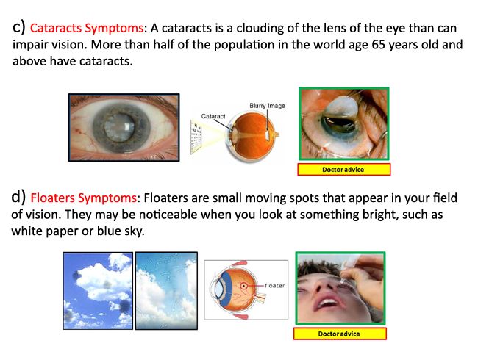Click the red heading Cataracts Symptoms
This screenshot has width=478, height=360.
click(x=87, y=29)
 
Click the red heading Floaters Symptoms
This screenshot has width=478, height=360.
click(x=84, y=198)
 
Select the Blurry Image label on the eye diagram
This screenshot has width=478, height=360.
click(x=267, y=105)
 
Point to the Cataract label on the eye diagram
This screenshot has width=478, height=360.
click(x=213, y=116)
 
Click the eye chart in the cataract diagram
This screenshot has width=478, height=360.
click(x=196, y=137)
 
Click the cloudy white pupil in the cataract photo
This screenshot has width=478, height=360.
click(x=119, y=127)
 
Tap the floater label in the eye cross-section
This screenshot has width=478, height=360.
click(x=275, y=285)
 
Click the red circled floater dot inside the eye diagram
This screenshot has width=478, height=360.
click(x=243, y=286)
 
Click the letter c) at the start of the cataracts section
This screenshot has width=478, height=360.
click(x=18, y=27)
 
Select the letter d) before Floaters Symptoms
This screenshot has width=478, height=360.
click(x=18, y=197)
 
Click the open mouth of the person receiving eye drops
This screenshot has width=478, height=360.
click(x=327, y=303)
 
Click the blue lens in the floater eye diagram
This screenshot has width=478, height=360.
click(x=219, y=289)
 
